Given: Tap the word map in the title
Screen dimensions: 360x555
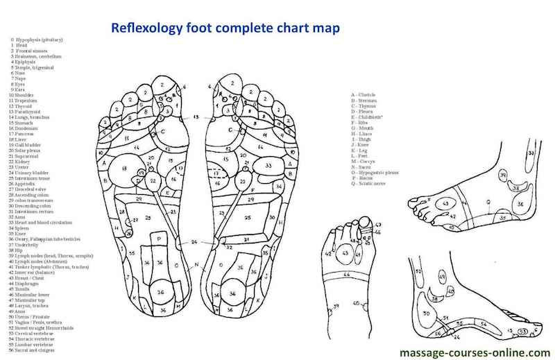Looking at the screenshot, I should coord(324,28).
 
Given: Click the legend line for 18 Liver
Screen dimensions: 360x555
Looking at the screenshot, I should coord(19,139).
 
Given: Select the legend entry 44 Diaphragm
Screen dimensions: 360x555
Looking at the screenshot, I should coord(25,282).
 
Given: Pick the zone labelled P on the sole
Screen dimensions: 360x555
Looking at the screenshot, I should coord(160,239).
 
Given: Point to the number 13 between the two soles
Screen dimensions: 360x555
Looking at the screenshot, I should coord(196,117).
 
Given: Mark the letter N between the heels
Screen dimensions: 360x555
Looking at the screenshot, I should coord(196,266).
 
